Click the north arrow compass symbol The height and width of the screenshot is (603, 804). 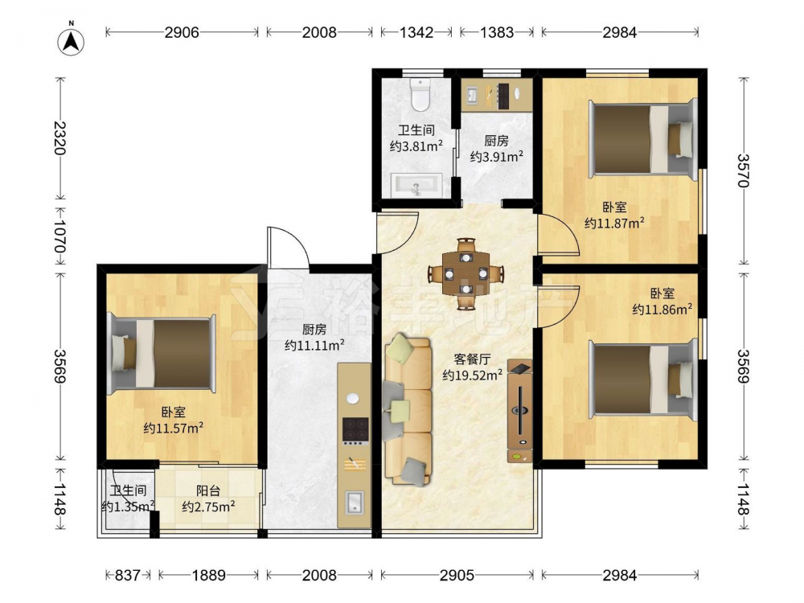pyautogui.click(x=72, y=40)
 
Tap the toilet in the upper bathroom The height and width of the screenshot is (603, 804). pyautogui.click(x=420, y=94)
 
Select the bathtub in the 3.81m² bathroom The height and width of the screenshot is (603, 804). pyautogui.click(x=416, y=185)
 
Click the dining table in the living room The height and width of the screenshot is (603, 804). pyautogui.click(x=466, y=274)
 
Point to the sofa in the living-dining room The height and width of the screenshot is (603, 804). pyautogui.click(x=408, y=409)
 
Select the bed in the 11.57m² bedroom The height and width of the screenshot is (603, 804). pyautogui.click(x=161, y=353)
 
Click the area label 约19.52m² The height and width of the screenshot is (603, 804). pyautogui.click(x=472, y=375)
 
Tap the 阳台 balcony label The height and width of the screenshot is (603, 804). pyautogui.click(x=208, y=490)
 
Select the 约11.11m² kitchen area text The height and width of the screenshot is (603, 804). pyautogui.click(x=314, y=345)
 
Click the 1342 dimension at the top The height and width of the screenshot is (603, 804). pyautogui.click(x=416, y=32)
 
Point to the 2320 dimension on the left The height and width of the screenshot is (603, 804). pyautogui.click(x=60, y=138)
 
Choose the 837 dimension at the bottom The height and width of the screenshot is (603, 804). pyautogui.click(x=127, y=576)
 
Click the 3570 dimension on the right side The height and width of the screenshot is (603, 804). pyautogui.click(x=744, y=170)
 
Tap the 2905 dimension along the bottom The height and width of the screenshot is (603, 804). pyautogui.click(x=457, y=576)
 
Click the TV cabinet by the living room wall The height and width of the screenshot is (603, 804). pyautogui.click(x=520, y=411)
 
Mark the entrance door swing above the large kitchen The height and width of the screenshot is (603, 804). pyautogui.click(x=288, y=247)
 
